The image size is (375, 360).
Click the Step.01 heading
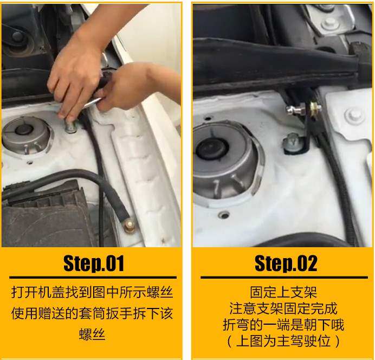click(93, 263)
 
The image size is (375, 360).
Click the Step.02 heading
click(286, 263)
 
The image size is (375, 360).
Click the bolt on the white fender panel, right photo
click(354, 114)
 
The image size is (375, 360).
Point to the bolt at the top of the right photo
click(329, 23)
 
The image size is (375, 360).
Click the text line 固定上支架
click(282, 293)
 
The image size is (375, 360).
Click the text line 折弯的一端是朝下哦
click(283, 325)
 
